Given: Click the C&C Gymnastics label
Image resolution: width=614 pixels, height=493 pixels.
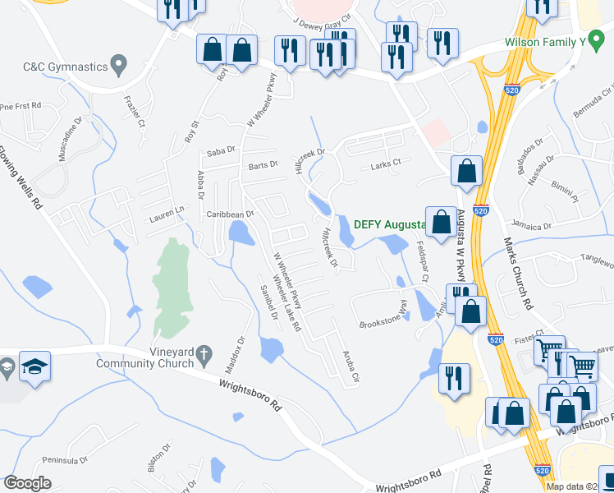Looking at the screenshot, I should (x=66, y=66).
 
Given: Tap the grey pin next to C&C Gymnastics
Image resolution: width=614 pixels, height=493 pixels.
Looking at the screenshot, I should (x=119, y=62).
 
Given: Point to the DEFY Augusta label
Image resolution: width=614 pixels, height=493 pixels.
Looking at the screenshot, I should (x=388, y=224).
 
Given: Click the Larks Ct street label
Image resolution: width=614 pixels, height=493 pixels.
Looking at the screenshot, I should (x=385, y=164).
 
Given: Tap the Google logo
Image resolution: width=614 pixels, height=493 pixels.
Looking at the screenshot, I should (x=27, y=483).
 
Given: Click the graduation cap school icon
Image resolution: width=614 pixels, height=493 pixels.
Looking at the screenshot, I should (x=36, y=366).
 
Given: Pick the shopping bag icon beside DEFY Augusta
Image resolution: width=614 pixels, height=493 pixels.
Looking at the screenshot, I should (x=442, y=221).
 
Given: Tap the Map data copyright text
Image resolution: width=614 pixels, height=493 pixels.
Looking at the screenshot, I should (x=579, y=486).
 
